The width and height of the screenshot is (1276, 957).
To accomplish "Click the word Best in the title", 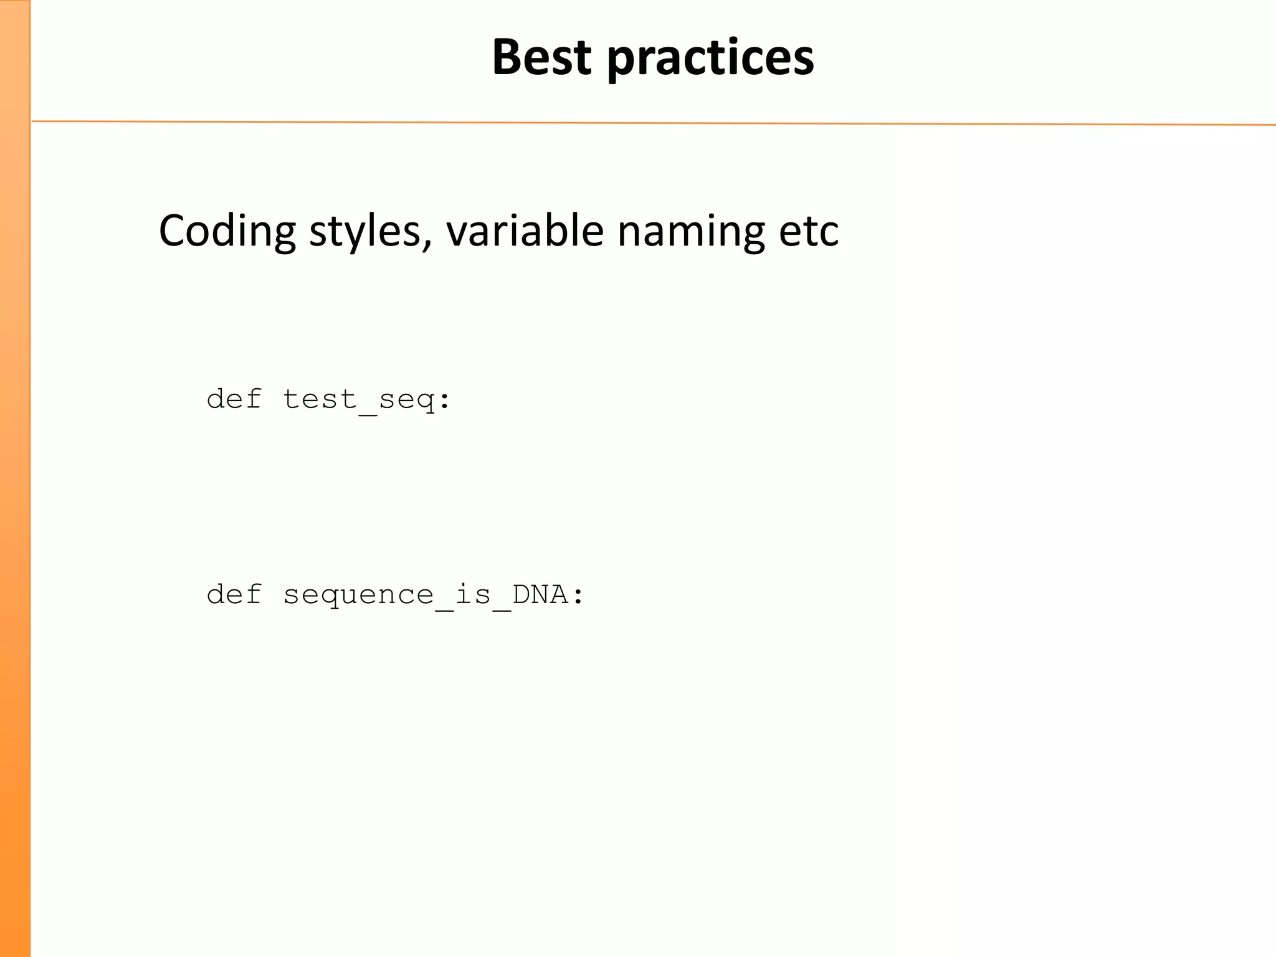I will pos(541,57).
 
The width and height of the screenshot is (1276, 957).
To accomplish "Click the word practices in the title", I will pos(710,59).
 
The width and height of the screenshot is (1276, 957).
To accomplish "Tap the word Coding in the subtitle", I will pos(227,231).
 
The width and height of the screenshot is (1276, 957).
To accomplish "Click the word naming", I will pos(690,232).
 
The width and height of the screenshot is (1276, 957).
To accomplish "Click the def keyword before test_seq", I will pos(234,399).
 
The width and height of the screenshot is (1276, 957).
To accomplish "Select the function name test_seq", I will pos(359,399).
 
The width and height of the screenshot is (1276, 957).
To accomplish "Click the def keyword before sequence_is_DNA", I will pos(234,594).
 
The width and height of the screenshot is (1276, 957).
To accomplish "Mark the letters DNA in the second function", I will pos(540,594).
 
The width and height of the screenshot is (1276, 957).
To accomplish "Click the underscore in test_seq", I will pos(368,414).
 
